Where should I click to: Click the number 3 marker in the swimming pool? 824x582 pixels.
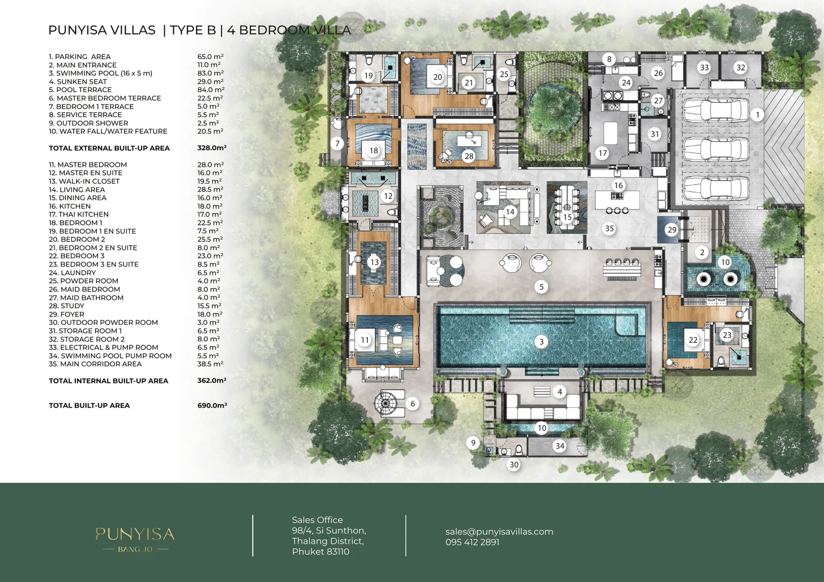541,342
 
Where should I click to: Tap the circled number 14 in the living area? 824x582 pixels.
510,212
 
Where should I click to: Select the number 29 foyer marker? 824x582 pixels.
672,230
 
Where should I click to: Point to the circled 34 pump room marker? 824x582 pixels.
559,446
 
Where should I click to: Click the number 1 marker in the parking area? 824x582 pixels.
757,115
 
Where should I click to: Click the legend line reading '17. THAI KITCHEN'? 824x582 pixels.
79,215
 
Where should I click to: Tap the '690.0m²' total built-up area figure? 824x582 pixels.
212,405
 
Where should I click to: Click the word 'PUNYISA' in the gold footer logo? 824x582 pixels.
135,534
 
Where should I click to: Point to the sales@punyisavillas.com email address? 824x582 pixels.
499,532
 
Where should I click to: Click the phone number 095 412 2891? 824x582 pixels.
472,542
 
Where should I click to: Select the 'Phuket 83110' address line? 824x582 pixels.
320,552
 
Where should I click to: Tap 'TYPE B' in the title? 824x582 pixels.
193,30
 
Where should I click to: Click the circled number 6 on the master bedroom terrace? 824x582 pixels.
413,403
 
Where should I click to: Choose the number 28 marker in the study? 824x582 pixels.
469,156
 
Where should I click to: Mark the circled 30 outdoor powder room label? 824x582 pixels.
513,465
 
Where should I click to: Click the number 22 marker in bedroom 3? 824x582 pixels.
693,340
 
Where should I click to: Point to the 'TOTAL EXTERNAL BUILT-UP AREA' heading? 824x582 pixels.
109,148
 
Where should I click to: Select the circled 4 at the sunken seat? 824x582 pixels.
559,392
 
